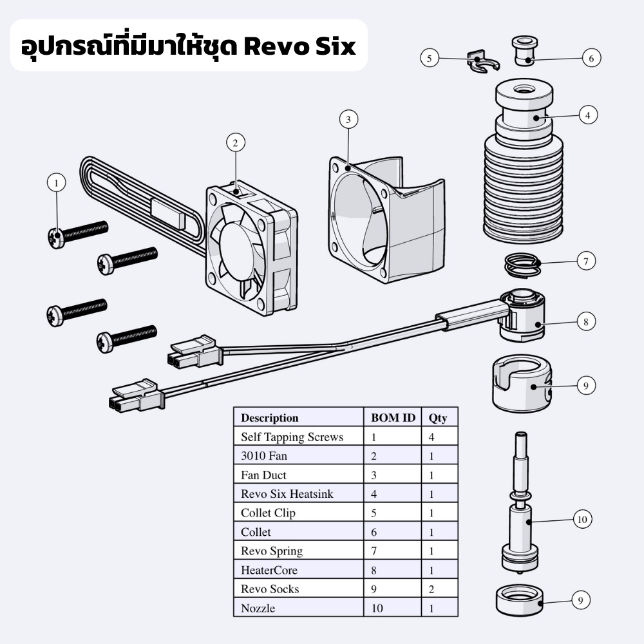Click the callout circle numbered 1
[x=56, y=183]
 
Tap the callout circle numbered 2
[x=236, y=142]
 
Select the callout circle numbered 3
[x=348, y=119]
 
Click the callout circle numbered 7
[x=585, y=262]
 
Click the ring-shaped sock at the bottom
[x=520, y=600]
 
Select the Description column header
[x=269, y=417]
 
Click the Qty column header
[x=438, y=417]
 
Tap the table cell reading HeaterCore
[x=269, y=570]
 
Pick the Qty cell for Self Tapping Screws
[x=431, y=437]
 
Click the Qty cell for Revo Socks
[x=431, y=589]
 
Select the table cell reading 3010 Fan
[x=264, y=456]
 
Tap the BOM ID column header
[x=393, y=417]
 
